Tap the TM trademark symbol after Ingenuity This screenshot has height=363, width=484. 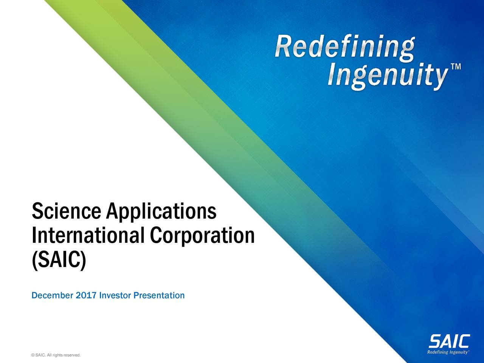pyautogui.click(x=456, y=67)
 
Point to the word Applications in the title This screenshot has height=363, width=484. pyautogui.click(x=161, y=212)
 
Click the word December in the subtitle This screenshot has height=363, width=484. pyautogui.click(x=53, y=295)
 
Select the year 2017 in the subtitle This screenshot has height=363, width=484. pyautogui.click(x=86, y=295)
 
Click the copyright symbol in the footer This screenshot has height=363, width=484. pyautogui.click(x=34, y=355)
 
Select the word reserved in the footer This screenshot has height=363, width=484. pyautogui.click(x=72, y=355)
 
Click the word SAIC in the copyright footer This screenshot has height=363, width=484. pyautogui.click(x=40, y=355)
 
